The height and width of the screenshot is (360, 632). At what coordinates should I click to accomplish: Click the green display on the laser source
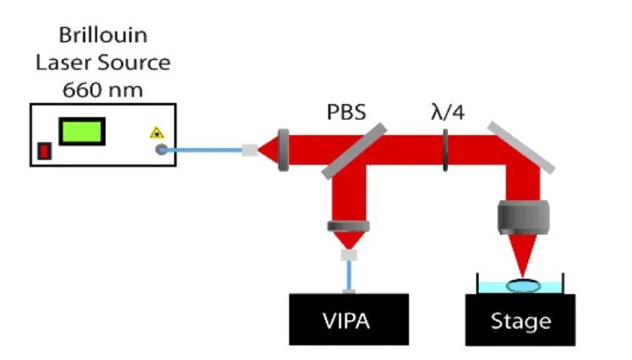pyautogui.click(x=82, y=131)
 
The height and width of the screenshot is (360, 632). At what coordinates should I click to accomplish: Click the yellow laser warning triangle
pyautogui.click(x=155, y=133)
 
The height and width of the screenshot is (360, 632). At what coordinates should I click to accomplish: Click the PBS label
pyautogui.click(x=346, y=112)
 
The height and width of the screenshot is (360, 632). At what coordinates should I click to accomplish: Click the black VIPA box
pyautogui.click(x=349, y=319)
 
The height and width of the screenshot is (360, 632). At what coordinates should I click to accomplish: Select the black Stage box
pyautogui.click(x=520, y=319)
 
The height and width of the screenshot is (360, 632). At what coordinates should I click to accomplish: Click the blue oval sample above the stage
pyautogui.click(x=523, y=286)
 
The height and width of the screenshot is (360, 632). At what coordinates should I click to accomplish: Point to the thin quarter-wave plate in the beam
pyautogui.click(x=445, y=151)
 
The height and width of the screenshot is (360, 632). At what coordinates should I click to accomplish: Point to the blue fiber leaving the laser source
pyautogui.click(x=203, y=151)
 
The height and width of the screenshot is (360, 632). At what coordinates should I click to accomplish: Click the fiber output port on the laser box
pyautogui.click(x=160, y=151)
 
